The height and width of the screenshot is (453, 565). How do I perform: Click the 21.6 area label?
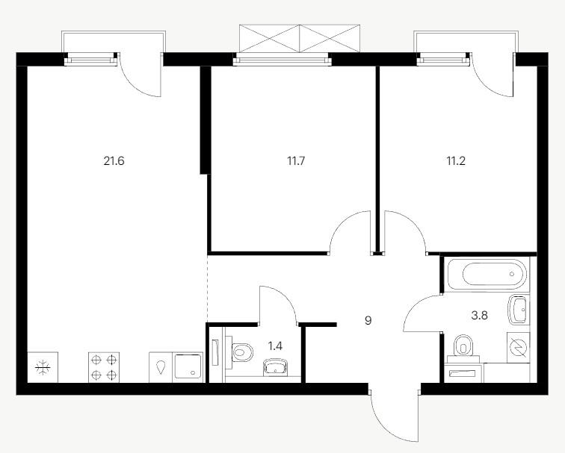[114, 161]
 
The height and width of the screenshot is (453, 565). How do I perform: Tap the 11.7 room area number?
[296, 161]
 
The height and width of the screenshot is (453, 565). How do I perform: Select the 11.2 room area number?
[456, 161]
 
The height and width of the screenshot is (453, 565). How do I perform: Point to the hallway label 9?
[368, 320]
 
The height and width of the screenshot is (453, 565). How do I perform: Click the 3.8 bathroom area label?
[479, 316]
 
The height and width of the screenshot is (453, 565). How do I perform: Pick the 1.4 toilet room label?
[275, 346]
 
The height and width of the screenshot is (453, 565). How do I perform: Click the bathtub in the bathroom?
[487, 274]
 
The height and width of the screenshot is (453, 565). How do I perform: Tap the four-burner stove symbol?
[104, 367]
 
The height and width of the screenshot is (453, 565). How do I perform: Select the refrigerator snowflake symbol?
[43, 368]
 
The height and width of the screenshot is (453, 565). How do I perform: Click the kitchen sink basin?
[188, 366]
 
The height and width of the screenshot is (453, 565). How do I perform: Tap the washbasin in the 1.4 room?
[276, 367]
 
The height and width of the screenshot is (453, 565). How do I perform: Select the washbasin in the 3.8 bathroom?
[518, 309]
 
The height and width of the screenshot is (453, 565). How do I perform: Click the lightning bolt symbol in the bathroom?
[518, 347]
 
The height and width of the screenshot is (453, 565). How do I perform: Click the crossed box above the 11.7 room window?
[300, 39]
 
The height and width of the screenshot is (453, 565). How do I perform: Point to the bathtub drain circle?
[512, 274]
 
